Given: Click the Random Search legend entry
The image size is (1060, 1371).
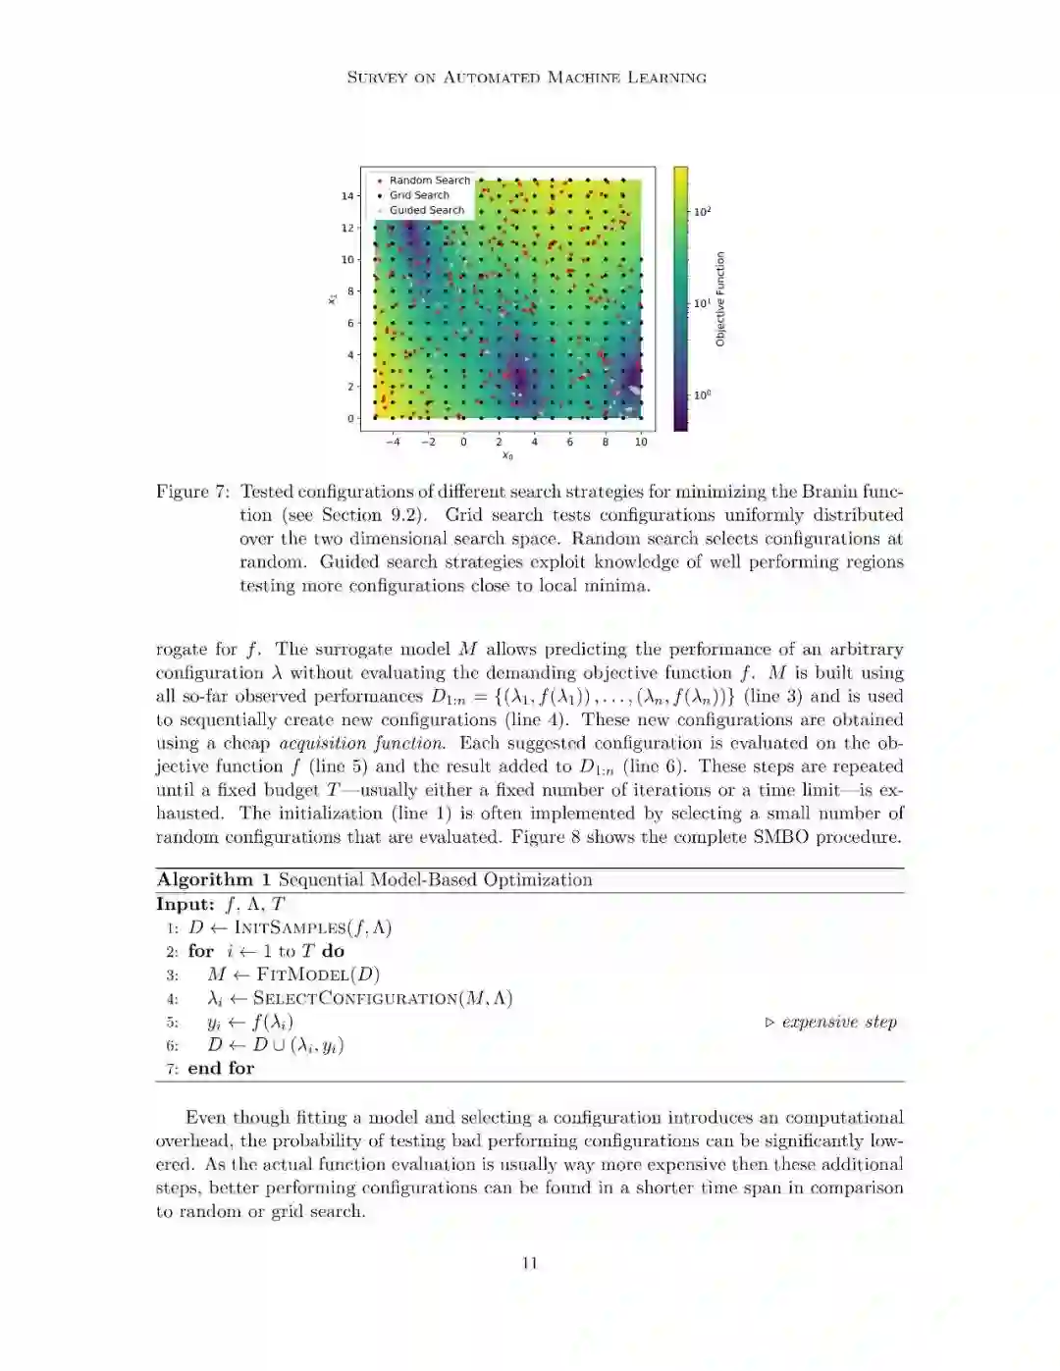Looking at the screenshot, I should point(429,181).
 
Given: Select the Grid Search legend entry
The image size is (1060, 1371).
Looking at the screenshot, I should point(419,195).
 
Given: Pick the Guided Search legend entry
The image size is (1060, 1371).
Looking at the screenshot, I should point(426,210).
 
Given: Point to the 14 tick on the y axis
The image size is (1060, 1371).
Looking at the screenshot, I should point(347,196).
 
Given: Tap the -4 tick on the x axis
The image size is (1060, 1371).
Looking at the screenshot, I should point(392,442).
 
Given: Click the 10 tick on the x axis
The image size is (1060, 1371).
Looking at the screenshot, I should point(641,442).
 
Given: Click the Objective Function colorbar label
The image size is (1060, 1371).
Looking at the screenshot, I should point(720,298).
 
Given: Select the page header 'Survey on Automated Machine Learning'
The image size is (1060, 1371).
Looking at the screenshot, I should point(527,78).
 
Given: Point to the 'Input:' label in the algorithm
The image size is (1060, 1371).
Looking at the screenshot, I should point(185,905).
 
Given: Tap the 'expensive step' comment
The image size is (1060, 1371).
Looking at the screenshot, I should point(839,1023).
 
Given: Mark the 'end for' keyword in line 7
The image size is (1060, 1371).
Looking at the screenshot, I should point(221,1069).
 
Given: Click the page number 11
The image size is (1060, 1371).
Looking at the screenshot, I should point(529,1263).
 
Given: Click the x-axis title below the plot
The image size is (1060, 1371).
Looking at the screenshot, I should point(507,456).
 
